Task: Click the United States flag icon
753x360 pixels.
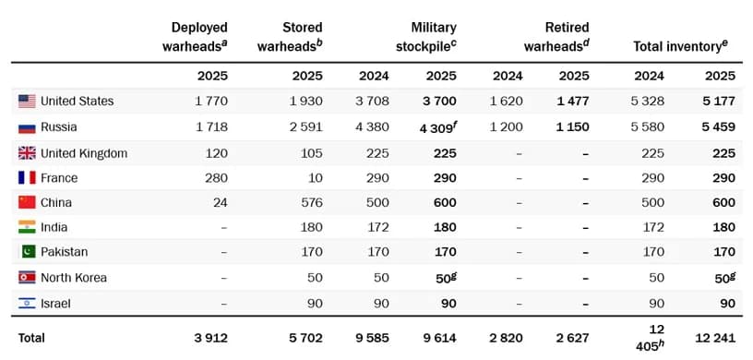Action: coord(27,101)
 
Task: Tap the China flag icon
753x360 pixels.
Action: coord(27,202)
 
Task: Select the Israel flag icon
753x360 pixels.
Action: coord(27,303)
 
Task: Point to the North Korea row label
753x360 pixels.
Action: coord(74,277)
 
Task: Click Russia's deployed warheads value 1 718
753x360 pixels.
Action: coord(209,126)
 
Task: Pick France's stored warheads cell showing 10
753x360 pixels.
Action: coord(315,177)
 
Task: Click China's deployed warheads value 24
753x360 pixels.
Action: coord(219,202)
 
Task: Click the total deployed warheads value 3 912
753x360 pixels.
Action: coord(209,338)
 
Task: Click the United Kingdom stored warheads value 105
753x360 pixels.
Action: coord(309,152)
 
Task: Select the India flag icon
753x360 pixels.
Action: coord(27,227)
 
